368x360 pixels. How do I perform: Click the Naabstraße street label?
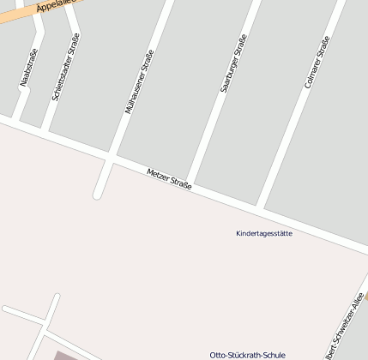[x=27, y=69]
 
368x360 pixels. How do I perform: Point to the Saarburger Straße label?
[x=232, y=63]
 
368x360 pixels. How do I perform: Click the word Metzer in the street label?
[x=156, y=174]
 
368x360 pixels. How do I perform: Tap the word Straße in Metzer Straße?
[x=180, y=183]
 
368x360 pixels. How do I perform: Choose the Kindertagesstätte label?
[x=263, y=233]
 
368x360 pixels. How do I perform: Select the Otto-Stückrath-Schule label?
[x=247, y=355]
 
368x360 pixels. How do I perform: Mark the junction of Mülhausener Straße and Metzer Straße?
[x=110, y=159]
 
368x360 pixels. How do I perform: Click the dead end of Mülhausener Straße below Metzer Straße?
[x=98, y=194]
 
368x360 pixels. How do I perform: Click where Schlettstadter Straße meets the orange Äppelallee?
[x=68, y=7]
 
